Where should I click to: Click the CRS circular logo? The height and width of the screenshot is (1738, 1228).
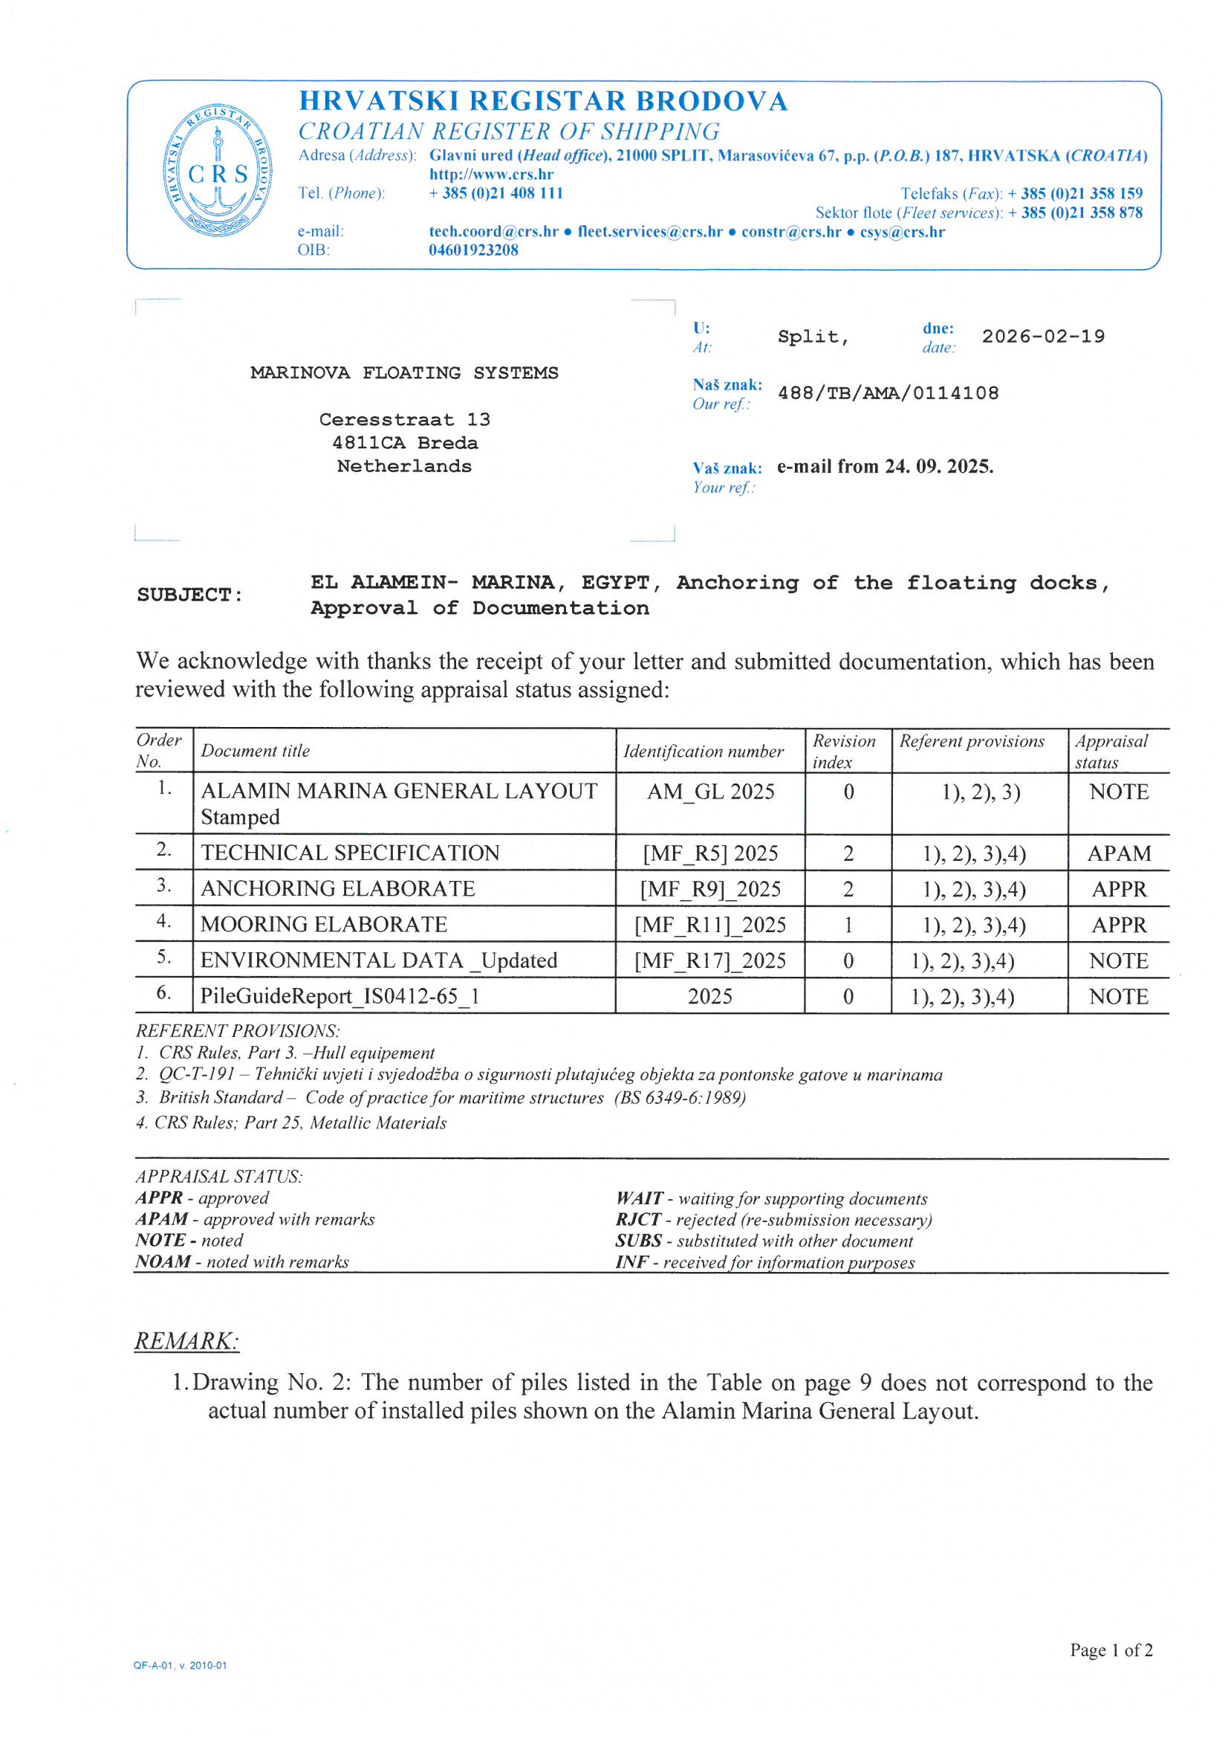tap(218, 170)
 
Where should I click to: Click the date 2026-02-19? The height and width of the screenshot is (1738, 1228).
tap(1042, 336)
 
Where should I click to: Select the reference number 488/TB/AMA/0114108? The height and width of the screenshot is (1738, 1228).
tap(888, 392)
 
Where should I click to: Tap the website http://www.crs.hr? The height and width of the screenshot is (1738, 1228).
tap(491, 174)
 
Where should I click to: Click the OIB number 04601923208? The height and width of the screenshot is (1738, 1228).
tap(473, 250)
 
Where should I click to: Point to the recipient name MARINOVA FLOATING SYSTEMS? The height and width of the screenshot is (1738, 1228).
tap(404, 373)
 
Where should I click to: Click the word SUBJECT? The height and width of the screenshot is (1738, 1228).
tap(190, 595)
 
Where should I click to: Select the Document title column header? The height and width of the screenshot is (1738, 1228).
tap(256, 751)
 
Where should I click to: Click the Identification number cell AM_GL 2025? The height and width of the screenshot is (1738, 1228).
tap(709, 792)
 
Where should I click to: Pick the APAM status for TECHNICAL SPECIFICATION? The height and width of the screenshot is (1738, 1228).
tap(1118, 854)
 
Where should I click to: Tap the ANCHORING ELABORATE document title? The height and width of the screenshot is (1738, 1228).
tap(337, 888)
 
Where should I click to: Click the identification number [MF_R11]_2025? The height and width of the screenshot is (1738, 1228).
tap(709, 925)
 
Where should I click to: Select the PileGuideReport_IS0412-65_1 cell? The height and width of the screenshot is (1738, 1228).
tap(340, 996)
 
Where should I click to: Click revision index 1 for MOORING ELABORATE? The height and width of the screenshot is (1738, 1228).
tap(848, 925)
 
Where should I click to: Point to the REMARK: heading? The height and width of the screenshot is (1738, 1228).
tap(186, 1340)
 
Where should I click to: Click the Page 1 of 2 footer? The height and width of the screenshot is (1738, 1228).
tap(1111, 1650)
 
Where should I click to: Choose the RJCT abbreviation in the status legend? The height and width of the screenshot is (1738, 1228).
tap(637, 1219)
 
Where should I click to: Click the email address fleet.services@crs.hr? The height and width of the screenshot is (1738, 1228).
tap(649, 232)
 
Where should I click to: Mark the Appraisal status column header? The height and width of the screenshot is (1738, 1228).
tap(1111, 751)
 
